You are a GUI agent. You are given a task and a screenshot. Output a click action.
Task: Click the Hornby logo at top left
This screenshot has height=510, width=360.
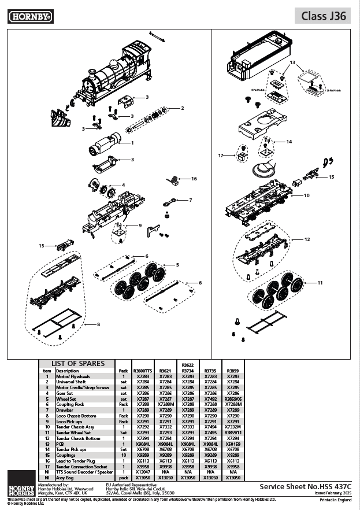click(31, 17)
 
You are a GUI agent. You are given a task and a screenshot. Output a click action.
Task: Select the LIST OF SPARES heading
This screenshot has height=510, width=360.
click(78, 363)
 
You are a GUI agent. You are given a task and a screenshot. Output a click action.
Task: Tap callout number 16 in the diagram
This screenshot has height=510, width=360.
click(194, 179)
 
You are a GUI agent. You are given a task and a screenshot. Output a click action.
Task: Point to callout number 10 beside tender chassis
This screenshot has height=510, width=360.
click(307, 195)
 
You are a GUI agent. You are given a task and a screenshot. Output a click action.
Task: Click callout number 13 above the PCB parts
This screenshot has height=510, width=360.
click(292, 62)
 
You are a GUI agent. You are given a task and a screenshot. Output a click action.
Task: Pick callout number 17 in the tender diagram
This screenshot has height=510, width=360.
click(221, 156)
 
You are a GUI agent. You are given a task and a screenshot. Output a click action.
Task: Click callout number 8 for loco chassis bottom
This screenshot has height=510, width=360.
click(99, 324)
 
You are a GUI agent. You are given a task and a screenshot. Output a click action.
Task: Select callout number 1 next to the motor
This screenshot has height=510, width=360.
click(132, 142)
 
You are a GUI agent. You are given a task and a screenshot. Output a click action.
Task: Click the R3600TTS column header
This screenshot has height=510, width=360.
click(142, 371)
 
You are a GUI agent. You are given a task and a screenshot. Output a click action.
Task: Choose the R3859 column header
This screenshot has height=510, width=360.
click(233, 371)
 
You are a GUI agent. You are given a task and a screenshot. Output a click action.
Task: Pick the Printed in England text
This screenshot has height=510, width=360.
click(336, 500)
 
